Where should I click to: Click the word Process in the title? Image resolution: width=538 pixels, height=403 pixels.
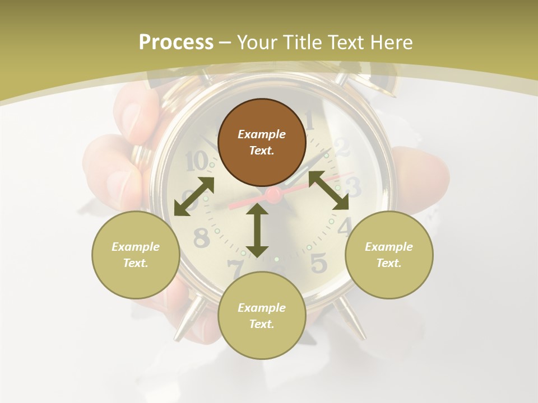[x=176, y=43]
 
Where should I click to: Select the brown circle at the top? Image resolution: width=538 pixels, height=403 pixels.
[x=262, y=143]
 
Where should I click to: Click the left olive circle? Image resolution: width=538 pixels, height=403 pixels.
[x=136, y=255]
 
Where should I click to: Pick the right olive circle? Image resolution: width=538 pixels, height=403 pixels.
[x=389, y=255]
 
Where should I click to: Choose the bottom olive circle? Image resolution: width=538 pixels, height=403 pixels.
[x=262, y=316]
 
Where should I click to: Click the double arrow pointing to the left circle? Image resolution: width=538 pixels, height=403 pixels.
[x=194, y=196]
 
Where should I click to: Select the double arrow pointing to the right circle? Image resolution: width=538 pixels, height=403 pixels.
[x=329, y=191]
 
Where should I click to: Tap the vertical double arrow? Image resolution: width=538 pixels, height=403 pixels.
[x=257, y=230]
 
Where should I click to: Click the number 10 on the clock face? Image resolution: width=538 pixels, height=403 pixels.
[x=196, y=162]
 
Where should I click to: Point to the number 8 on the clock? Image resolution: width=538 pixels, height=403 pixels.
[x=201, y=238]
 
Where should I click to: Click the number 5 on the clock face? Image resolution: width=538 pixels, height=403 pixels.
[x=318, y=263]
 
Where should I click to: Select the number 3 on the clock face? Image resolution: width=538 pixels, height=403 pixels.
[x=353, y=187]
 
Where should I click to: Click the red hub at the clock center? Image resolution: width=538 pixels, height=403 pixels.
[x=273, y=195]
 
